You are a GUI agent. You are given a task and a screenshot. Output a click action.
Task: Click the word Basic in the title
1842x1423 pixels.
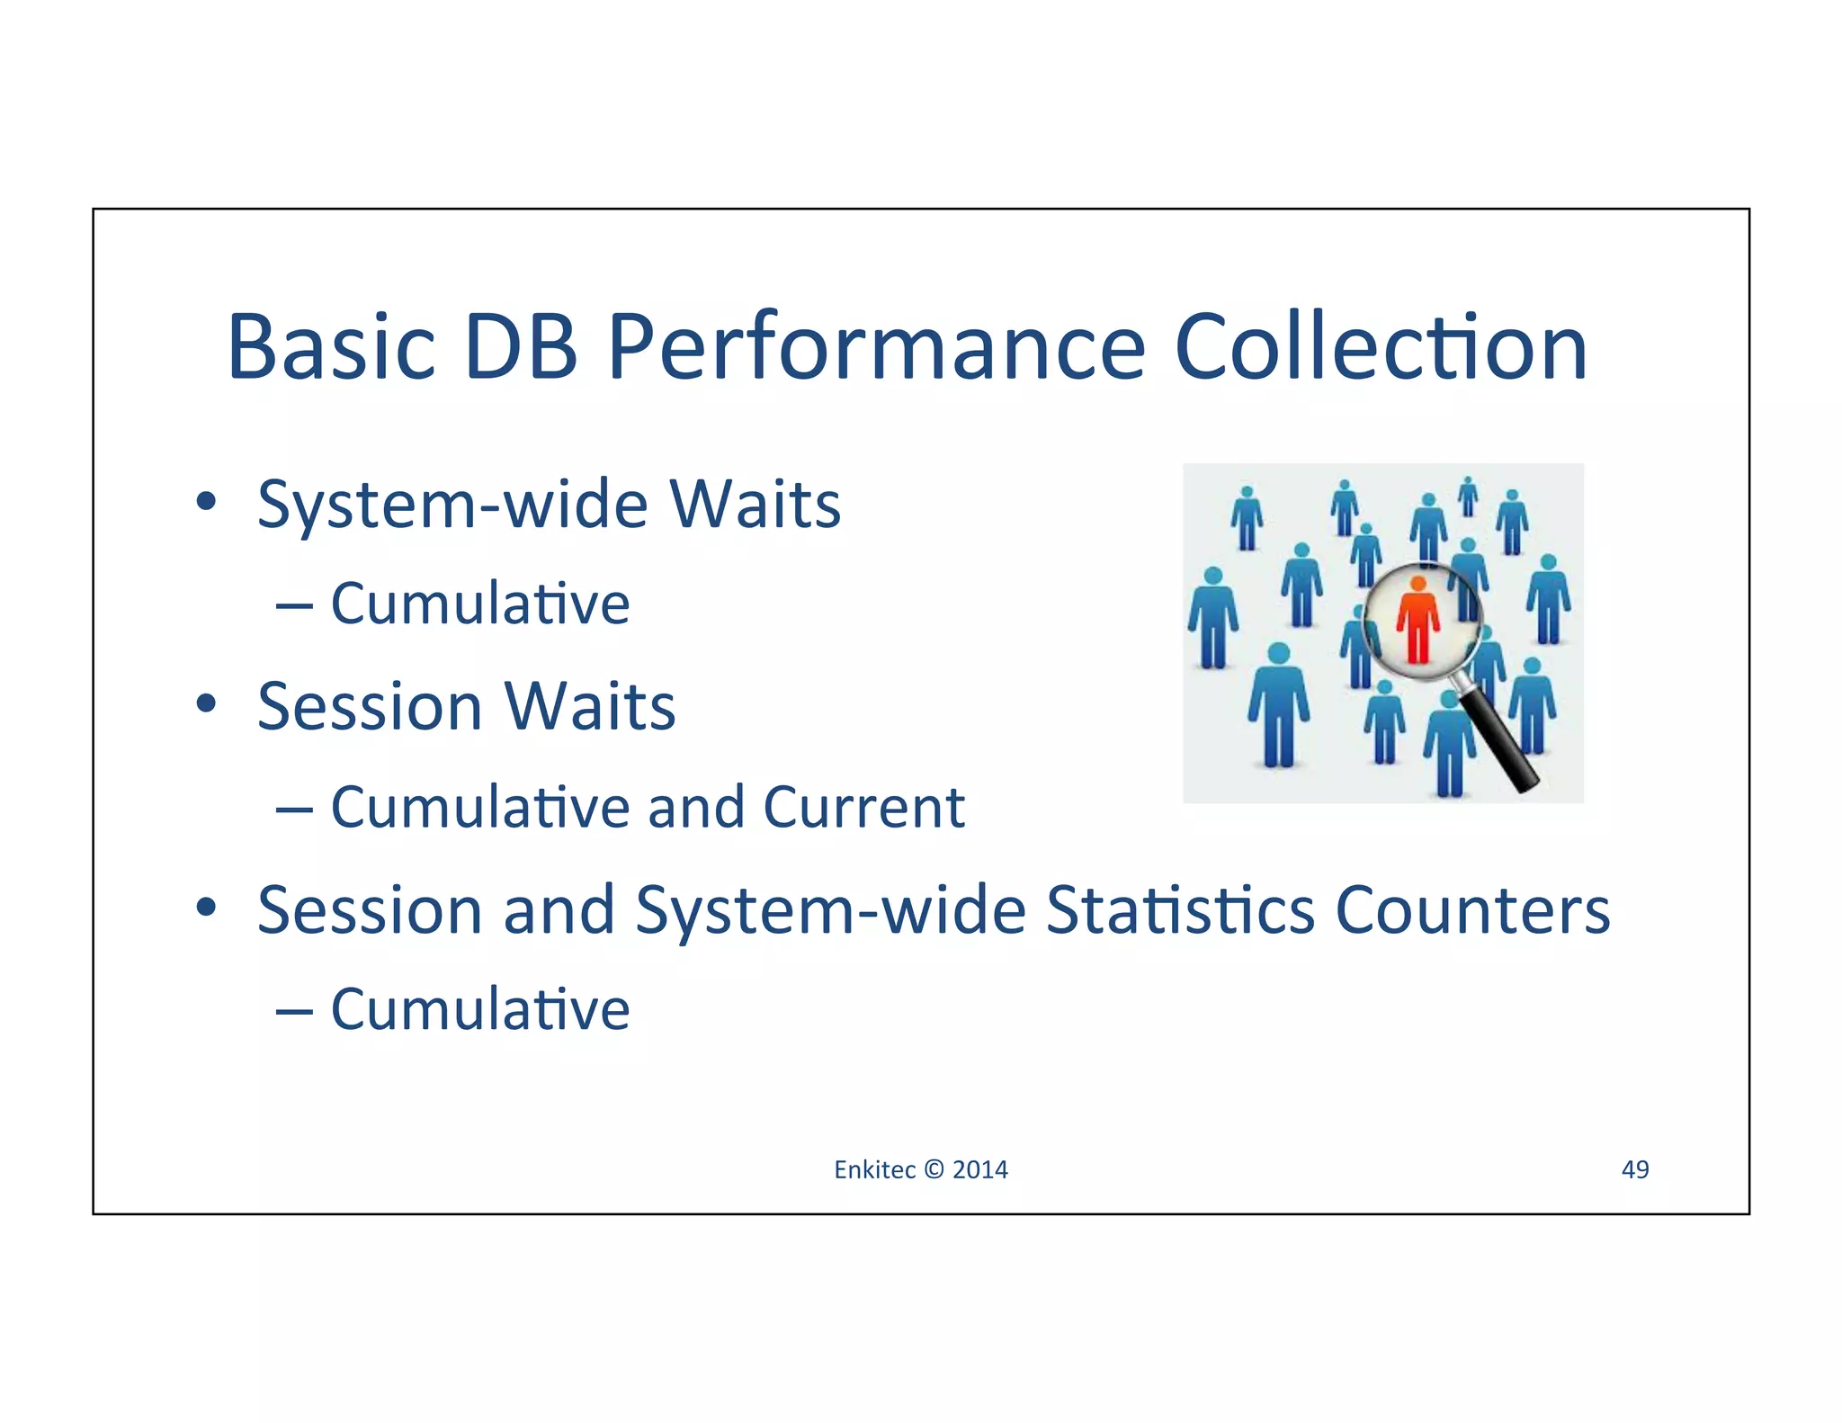pyautogui.click(x=331, y=347)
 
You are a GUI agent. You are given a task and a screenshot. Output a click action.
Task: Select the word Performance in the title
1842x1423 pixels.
pyautogui.click(x=876, y=347)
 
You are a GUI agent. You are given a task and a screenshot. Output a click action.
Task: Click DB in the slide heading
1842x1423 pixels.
pyautogui.click(x=521, y=347)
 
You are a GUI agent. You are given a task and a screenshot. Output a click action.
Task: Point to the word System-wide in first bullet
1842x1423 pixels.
pyautogui.click(x=452, y=505)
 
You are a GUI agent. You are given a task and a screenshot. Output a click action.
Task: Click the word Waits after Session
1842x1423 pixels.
pyautogui.click(x=589, y=707)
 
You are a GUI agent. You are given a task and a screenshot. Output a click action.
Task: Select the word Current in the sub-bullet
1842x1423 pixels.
pyautogui.click(x=863, y=807)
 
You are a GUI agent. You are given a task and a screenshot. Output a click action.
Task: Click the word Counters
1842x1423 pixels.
pyautogui.click(x=1472, y=909)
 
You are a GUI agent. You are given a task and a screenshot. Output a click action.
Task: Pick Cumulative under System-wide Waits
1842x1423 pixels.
pyautogui.click(x=480, y=604)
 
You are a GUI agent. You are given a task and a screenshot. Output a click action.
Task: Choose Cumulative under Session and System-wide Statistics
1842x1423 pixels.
pyautogui.click(x=480, y=1009)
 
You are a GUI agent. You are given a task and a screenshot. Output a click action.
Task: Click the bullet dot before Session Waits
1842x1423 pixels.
pyautogui.click(x=206, y=704)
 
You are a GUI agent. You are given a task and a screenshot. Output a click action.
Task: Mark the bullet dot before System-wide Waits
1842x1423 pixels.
pyautogui.click(x=206, y=502)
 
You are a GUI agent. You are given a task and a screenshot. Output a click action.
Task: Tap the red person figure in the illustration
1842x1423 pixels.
pyautogui.click(x=1417, y=620)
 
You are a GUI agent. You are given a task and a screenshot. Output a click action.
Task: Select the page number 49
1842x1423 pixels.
pyautogui.click(x=1634, y=1169)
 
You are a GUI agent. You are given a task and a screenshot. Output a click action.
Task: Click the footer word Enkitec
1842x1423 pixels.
pyautogui.click(x=874, y=1169)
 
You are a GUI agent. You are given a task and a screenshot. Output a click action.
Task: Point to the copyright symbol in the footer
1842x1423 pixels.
pyautogui.click(x=934, y=1169)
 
